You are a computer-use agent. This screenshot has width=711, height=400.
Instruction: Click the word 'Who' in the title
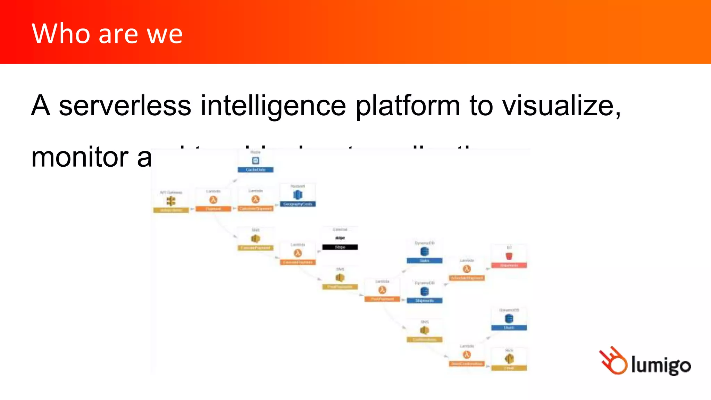[x=61, y=34]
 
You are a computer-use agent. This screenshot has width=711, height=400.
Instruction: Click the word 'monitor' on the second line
[x=80, y=157]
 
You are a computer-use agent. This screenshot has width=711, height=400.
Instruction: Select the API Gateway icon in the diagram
[x=171, y=201]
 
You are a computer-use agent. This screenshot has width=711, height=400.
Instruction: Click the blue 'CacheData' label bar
[x=256, y=170]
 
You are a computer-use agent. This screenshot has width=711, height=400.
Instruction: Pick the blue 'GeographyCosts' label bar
[x=298, y=204]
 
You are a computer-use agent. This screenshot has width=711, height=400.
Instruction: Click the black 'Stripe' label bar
[x=340, y=247]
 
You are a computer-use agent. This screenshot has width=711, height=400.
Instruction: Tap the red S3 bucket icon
[x=509, y=256]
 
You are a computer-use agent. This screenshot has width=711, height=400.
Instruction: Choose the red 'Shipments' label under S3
[x=509, y=265]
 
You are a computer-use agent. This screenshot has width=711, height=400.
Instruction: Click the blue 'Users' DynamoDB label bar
[x=509, y=328]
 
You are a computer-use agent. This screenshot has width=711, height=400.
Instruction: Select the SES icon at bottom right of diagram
[x=509, y=358]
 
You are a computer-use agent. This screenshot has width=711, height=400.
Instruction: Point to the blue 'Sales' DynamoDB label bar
[x=425, y=260]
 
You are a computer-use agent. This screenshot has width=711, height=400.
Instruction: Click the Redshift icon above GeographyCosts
[x=298, y=195]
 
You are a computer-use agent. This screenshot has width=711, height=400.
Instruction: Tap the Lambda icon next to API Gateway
[x=213, y=200]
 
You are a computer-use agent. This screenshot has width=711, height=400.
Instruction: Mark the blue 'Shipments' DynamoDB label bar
[x=425, y=301]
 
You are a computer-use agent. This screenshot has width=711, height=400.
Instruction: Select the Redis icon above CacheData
[x=256, y=160]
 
